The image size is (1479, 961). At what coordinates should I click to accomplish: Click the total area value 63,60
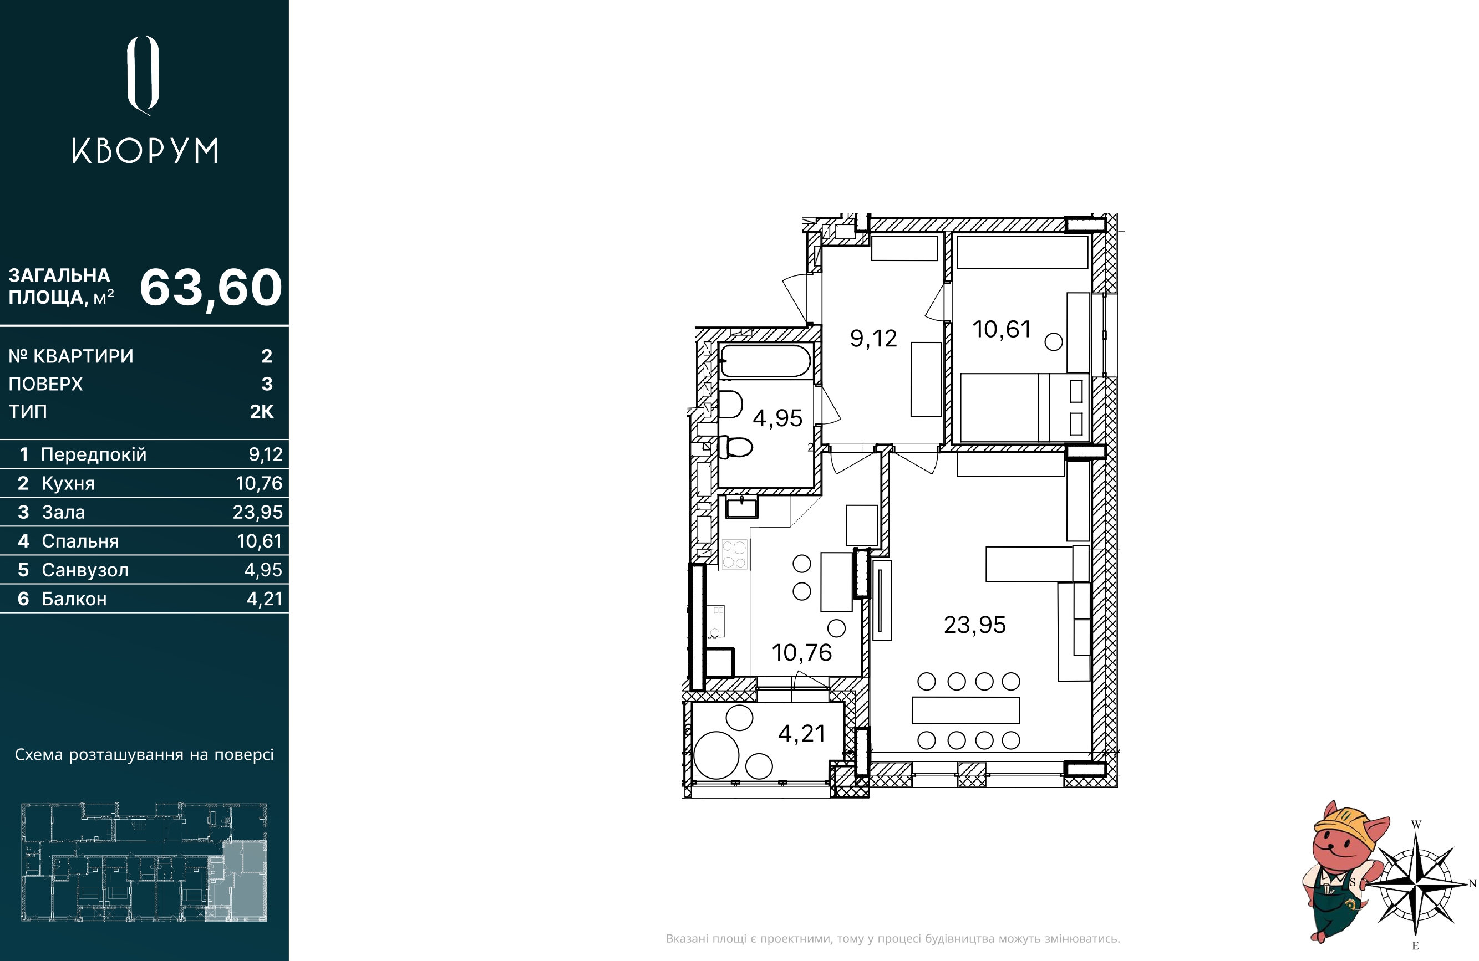[x=211, y=288]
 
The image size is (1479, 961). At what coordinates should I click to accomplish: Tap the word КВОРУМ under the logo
[x=145, y=151]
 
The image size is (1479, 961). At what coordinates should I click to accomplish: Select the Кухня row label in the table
[x=68, y=483]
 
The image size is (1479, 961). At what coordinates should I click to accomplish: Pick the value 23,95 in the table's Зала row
[x=257, y=512]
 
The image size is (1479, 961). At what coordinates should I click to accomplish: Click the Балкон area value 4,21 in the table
[x=264, y=599]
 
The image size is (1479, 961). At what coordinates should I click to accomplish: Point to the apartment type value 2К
[x=262, y=411]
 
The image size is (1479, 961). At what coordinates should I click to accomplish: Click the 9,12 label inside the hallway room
[x=873, y=339]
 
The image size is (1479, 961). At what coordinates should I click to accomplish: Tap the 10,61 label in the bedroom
[x=1002, y=329]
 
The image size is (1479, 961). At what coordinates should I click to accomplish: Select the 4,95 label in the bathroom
[x=777, y=418]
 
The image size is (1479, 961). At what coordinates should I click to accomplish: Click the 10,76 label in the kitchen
[x=802, y=652]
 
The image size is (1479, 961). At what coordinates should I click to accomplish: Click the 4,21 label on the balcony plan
[x=802, y=734]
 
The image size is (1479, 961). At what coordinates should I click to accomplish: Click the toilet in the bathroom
[x=736, y=447]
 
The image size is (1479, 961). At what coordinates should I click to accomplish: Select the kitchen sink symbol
[x=742, y=507]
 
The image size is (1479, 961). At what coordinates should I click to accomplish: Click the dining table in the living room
[x=965, y=710]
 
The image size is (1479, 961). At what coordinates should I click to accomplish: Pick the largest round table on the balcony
[x=716, y=755]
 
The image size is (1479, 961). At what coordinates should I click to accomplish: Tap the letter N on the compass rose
[x=1472, y=883]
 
